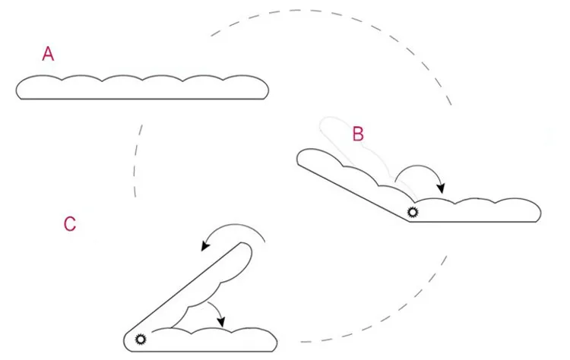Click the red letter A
coord(48,54)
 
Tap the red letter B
coord(358,134)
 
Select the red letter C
coord(69,224)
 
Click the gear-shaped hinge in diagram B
coord(413,213)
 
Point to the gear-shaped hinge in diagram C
coord(140,339)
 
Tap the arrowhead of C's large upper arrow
coord(204,248)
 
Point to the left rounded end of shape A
coord(19,90)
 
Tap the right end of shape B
coord(537,212)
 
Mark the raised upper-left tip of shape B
coord(302,156)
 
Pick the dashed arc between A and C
coord(138,159)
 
